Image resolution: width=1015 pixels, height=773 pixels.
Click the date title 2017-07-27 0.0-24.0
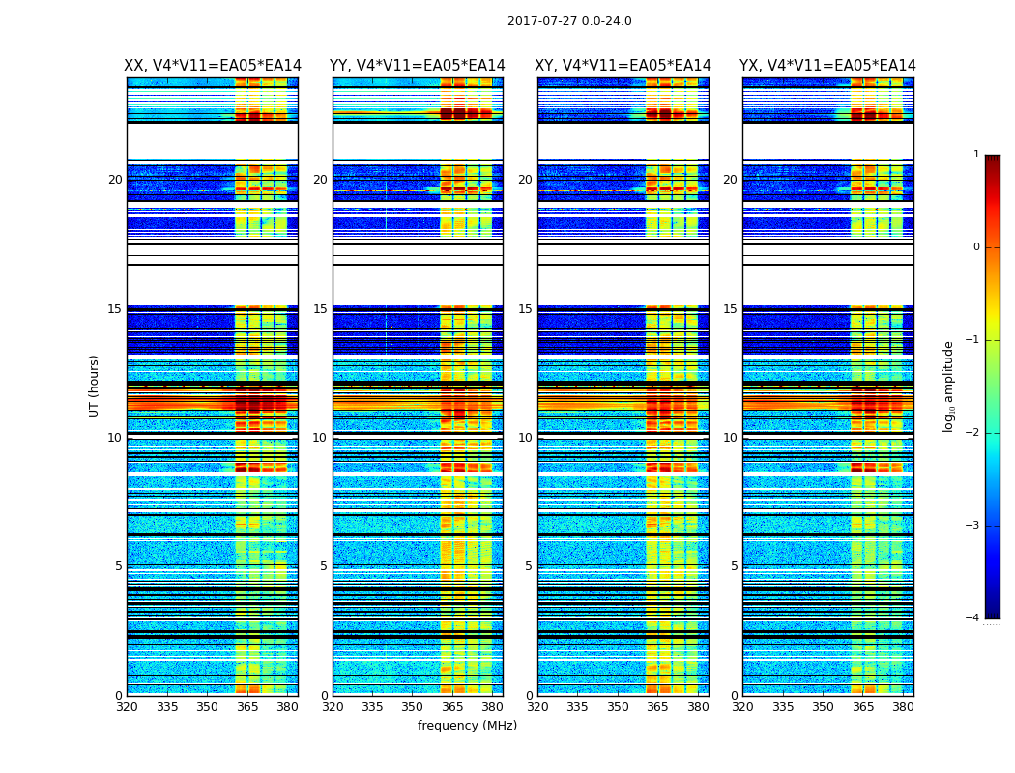coord(569,21)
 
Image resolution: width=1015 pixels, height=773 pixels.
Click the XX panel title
coord(213,66)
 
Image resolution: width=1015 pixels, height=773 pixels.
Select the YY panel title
coord(418,66)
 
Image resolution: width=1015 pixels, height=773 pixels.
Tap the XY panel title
coord(623,66)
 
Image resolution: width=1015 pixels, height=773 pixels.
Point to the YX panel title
coord(827,66)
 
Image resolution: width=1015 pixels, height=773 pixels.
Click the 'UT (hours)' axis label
coord(95,386)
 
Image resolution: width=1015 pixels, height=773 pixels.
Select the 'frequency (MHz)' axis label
coord(467,726)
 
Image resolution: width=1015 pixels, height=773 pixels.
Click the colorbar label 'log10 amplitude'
coord(949,386)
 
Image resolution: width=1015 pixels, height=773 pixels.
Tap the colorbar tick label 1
coord(976,155)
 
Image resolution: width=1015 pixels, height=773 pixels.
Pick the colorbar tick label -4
coord(974,618)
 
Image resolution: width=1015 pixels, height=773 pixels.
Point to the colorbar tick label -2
coord(974,433)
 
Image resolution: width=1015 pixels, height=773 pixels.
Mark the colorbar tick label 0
coord(976,247)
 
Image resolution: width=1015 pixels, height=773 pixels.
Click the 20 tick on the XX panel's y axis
coord(115,180)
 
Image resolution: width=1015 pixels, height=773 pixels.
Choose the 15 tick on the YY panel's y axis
coord(320,309)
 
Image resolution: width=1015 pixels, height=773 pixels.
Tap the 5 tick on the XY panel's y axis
coord(529,566)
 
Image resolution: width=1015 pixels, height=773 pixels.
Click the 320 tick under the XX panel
coord(127,707)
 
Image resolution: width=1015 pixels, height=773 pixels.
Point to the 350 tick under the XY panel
coord(618,707)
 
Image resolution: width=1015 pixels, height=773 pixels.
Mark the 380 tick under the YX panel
coord(903,707)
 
